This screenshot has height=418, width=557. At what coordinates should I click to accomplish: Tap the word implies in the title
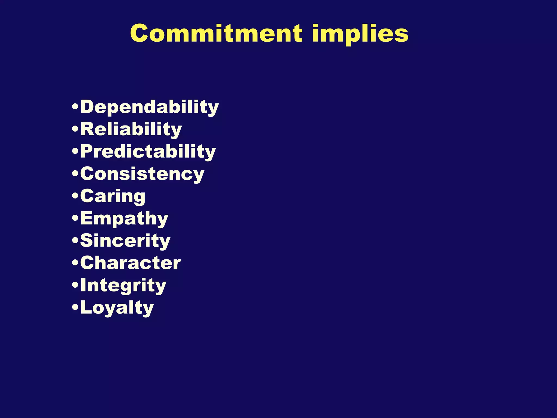[360, 34]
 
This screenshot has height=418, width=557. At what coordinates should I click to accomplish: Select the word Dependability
[149, 107]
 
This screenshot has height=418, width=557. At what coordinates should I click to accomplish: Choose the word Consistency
[142, 174]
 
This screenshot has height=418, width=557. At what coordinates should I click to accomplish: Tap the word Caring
[113, 196]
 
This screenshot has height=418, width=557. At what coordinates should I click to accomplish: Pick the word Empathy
[124, 219]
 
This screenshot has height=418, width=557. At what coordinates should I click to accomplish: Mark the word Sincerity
[125, 241]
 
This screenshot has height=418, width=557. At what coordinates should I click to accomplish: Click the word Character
[130, 263]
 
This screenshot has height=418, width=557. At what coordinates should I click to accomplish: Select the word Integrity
[123, 285]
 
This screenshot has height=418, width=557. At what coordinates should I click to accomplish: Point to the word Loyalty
[117, 308]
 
